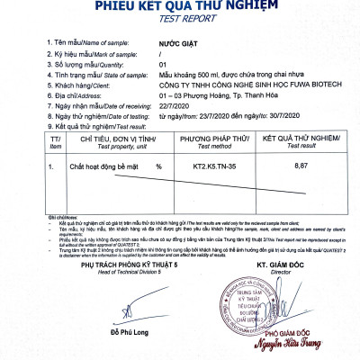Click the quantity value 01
pos(163,65)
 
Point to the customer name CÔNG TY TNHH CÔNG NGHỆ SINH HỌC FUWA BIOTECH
pos(238,85)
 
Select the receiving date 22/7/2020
pos(175,107)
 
